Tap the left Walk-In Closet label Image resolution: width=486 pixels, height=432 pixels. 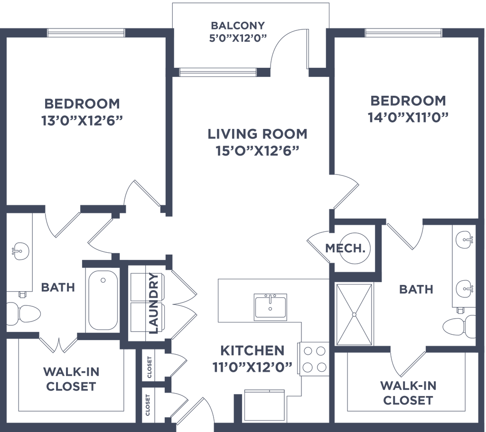coord(71,378)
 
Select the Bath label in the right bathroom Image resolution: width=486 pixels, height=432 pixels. coord(416,289)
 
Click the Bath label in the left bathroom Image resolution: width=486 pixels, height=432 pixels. coord(58,287)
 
